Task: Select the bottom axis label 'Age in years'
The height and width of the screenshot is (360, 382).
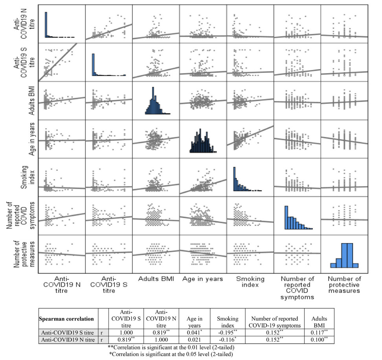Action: [202, 279]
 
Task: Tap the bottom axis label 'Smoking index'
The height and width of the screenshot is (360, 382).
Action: [250, 282]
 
